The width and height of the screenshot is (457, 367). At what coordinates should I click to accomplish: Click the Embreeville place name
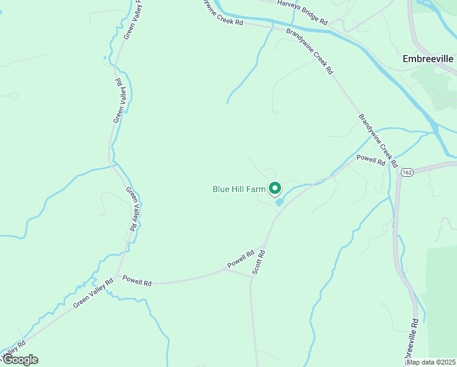pos(428,59)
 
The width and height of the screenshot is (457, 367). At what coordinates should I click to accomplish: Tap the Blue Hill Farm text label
pos(239,189)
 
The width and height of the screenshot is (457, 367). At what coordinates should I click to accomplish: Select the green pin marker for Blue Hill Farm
pos(275,188)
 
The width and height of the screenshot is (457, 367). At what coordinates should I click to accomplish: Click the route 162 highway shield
pos(406,174)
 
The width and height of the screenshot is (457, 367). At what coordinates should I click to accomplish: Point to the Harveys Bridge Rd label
pos(302,12)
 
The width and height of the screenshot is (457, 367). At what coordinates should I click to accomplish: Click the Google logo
pos(20,360)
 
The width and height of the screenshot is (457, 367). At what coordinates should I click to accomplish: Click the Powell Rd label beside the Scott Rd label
pos(241,259)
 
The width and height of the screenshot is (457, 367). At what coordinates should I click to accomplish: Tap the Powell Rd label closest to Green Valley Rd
pos(136,281)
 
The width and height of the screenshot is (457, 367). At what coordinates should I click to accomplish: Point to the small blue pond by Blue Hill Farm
pos(279,202)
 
